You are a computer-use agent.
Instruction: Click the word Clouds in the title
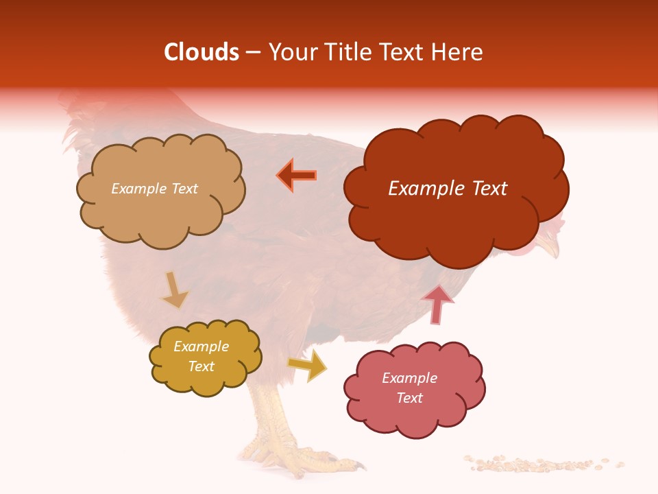click(x=202, y=52)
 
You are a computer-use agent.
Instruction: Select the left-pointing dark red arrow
click(x=297, y=175)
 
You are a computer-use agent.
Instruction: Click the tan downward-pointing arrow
click(x=174, y=289)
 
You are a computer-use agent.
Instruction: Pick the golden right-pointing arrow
click(x=308, y=364)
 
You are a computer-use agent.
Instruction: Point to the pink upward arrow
click(x=438, y=303)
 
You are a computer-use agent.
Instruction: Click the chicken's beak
click(x=548, y=244)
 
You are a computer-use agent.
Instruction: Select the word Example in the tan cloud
click(x=137, y=189)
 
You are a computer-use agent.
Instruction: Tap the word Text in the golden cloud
click(x=202, y=366)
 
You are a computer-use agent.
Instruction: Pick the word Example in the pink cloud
click(x=409, y=378)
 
